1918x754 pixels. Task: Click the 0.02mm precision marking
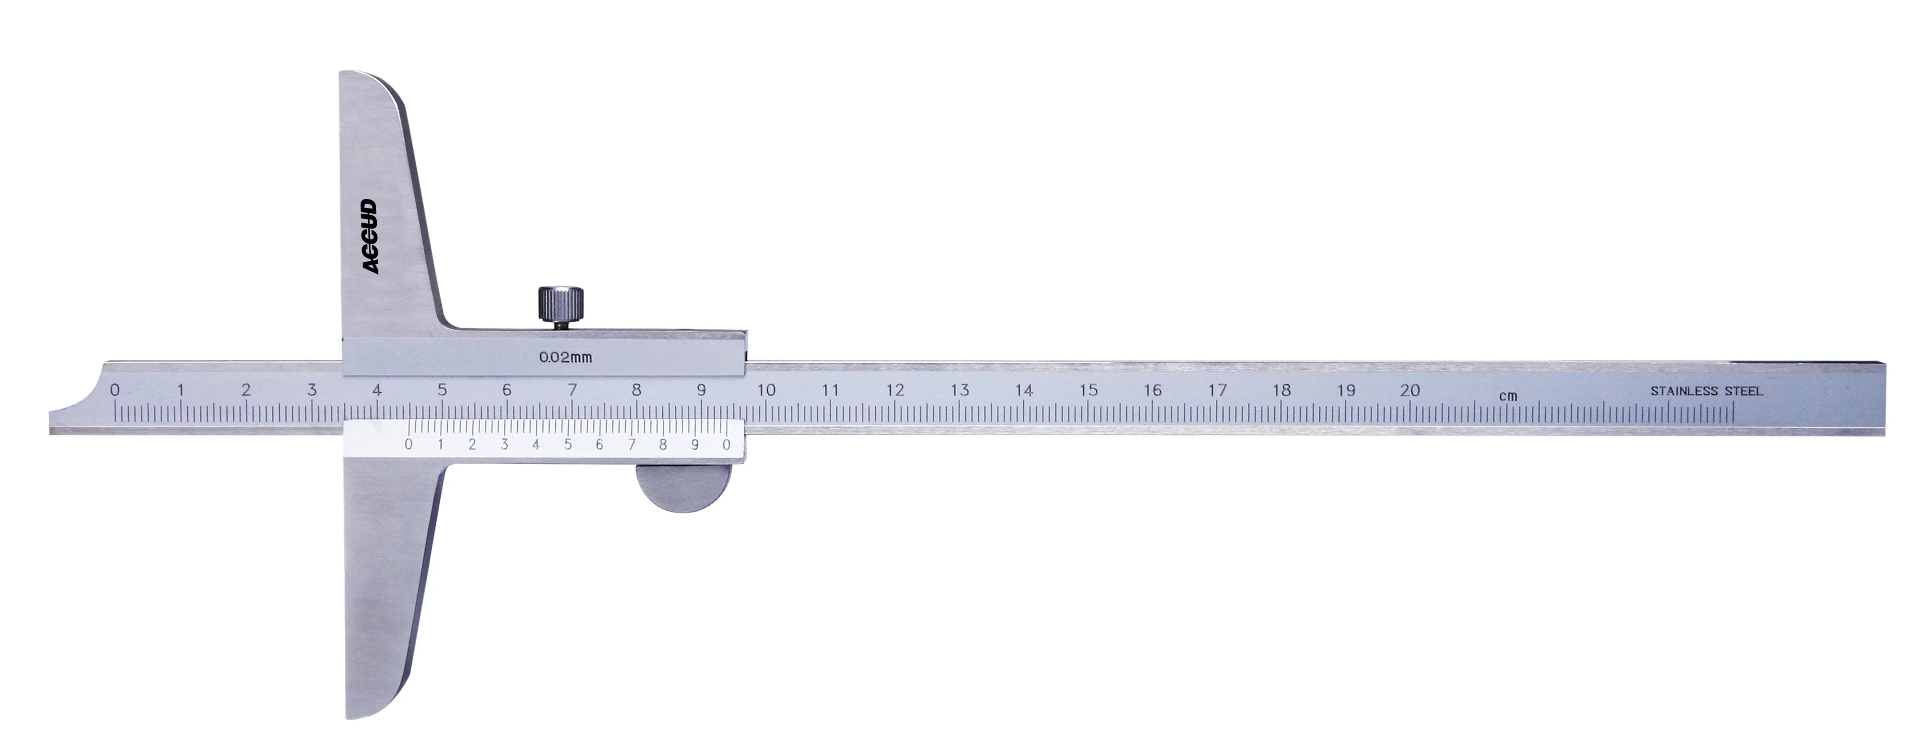point(566,358)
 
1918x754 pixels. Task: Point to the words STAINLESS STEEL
point(1707,391)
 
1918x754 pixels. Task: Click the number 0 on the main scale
point(115,390)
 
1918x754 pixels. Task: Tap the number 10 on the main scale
point(766,390)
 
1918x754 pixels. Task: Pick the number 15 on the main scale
point(1088,390)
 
